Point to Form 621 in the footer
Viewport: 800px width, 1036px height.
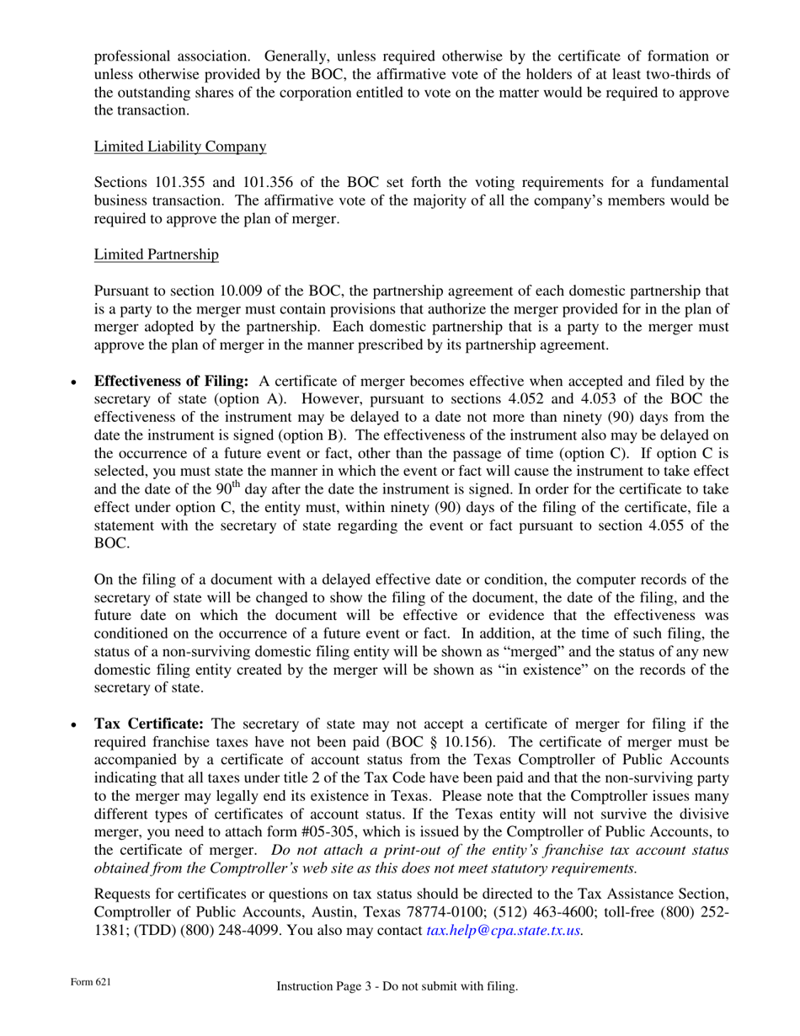pyautogui.click(x=90, y=983)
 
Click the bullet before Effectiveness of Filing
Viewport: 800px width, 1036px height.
pyautogui.click(x=74, y=382)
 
